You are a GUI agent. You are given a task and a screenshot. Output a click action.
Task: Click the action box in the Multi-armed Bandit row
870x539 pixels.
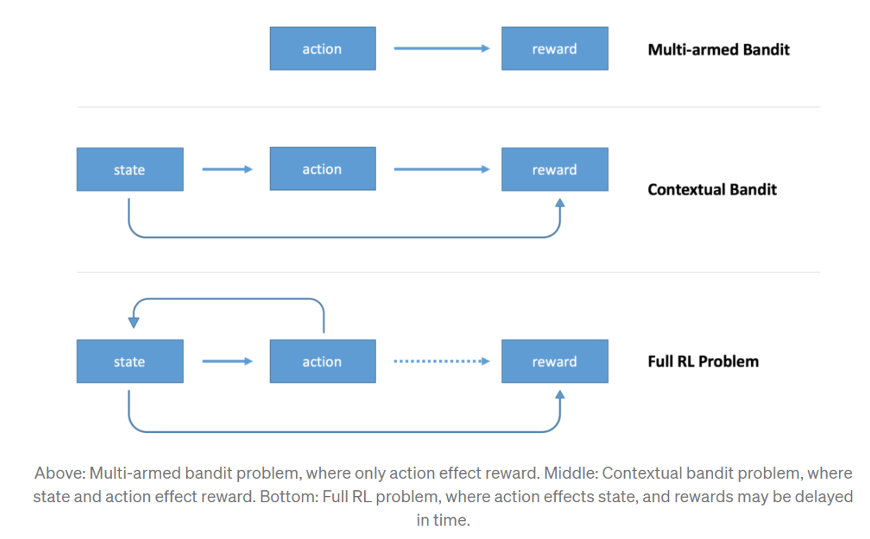(322, 49)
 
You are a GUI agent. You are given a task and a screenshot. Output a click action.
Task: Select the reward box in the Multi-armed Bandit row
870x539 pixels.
(554, 49)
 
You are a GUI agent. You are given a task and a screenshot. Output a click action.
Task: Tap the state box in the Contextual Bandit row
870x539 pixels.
(129, 170)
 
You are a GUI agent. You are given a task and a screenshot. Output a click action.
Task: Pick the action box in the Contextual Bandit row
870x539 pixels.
(322, 170)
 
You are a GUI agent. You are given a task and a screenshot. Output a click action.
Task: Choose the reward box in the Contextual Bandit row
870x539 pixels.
(554, 170)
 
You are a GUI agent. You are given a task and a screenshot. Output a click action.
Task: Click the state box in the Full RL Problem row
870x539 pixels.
(129, 362)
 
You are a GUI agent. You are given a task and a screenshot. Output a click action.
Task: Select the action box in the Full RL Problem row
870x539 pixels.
(322, 362)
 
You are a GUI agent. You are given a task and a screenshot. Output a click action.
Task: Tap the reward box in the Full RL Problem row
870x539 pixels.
(554, 362)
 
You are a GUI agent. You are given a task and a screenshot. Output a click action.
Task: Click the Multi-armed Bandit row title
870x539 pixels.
(718, 49)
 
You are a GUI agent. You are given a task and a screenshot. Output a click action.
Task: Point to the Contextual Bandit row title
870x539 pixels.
(712, 189)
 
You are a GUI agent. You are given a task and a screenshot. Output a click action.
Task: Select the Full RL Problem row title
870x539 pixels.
(703, 361)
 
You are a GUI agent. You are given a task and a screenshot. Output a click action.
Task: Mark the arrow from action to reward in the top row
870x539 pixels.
(441, 49)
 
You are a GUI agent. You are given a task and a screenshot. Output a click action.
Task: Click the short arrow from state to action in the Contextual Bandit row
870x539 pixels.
(227, 170)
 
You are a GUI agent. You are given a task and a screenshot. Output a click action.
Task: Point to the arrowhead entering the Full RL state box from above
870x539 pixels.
(133, 324)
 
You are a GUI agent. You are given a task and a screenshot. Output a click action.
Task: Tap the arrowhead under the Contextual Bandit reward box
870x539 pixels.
(560, 203)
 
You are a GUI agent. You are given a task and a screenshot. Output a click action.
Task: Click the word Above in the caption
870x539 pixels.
(59, 473)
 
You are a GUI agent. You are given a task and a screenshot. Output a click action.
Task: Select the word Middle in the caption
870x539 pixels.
(570, 473)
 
